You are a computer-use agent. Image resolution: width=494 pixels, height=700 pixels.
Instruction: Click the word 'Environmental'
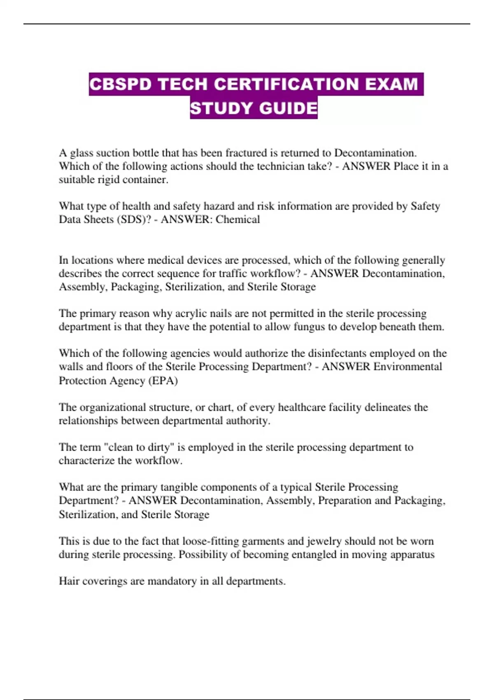408,366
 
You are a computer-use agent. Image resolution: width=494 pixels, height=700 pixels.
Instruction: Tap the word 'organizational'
116,407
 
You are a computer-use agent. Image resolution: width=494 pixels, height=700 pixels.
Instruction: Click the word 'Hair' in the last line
69,581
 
